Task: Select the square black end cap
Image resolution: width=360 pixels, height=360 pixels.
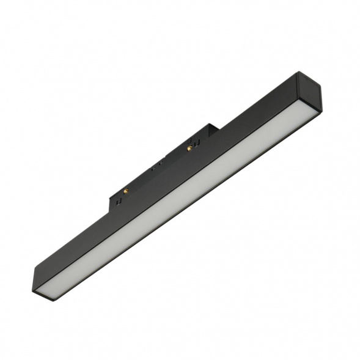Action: [308, 91]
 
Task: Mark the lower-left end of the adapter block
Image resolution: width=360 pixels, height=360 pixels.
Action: [113, 200]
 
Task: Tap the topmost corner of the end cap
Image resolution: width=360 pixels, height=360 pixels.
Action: [298, 73]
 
